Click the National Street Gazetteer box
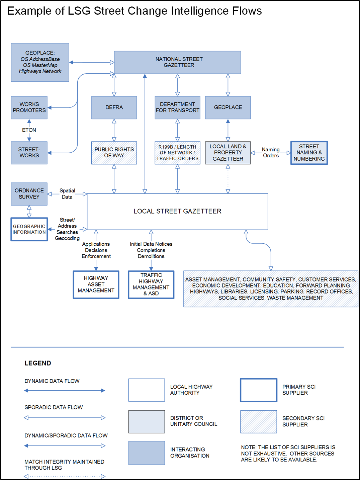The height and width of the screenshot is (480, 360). (x=177, y=62)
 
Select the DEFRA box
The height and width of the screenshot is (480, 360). (x=114, y=107)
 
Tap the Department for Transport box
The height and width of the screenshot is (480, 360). (x=177, y=107)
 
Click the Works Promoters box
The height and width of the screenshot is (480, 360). (x=29, y=107)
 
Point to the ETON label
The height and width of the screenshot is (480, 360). (x=29, y=130)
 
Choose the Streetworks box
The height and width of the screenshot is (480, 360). (x=29, y=153)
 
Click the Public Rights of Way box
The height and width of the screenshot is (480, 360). (x=114, y=153)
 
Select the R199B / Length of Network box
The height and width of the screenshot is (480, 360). (x=177, y=153)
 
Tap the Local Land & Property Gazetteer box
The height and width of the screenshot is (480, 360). (x=228, y=153)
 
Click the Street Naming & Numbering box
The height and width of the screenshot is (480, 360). (x=309, y=153)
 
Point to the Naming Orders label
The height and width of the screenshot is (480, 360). (x=271, y=153)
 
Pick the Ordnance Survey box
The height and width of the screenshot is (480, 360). (x=29, y=194)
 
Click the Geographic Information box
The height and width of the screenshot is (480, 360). (x=29, y=229)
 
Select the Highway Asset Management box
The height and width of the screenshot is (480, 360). (x=96, y=285)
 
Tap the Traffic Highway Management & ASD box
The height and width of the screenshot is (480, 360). (x=151, y=285)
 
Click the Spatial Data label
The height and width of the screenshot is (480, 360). (x=67, y=194)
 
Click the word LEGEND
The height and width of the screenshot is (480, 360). (x=38, y=363)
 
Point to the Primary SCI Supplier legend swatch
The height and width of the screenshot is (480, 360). (x=259, y=390)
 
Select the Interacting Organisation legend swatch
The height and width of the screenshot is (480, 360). (x=147, y=453)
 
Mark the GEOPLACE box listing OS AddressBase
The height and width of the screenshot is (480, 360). (x=40, y=62)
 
